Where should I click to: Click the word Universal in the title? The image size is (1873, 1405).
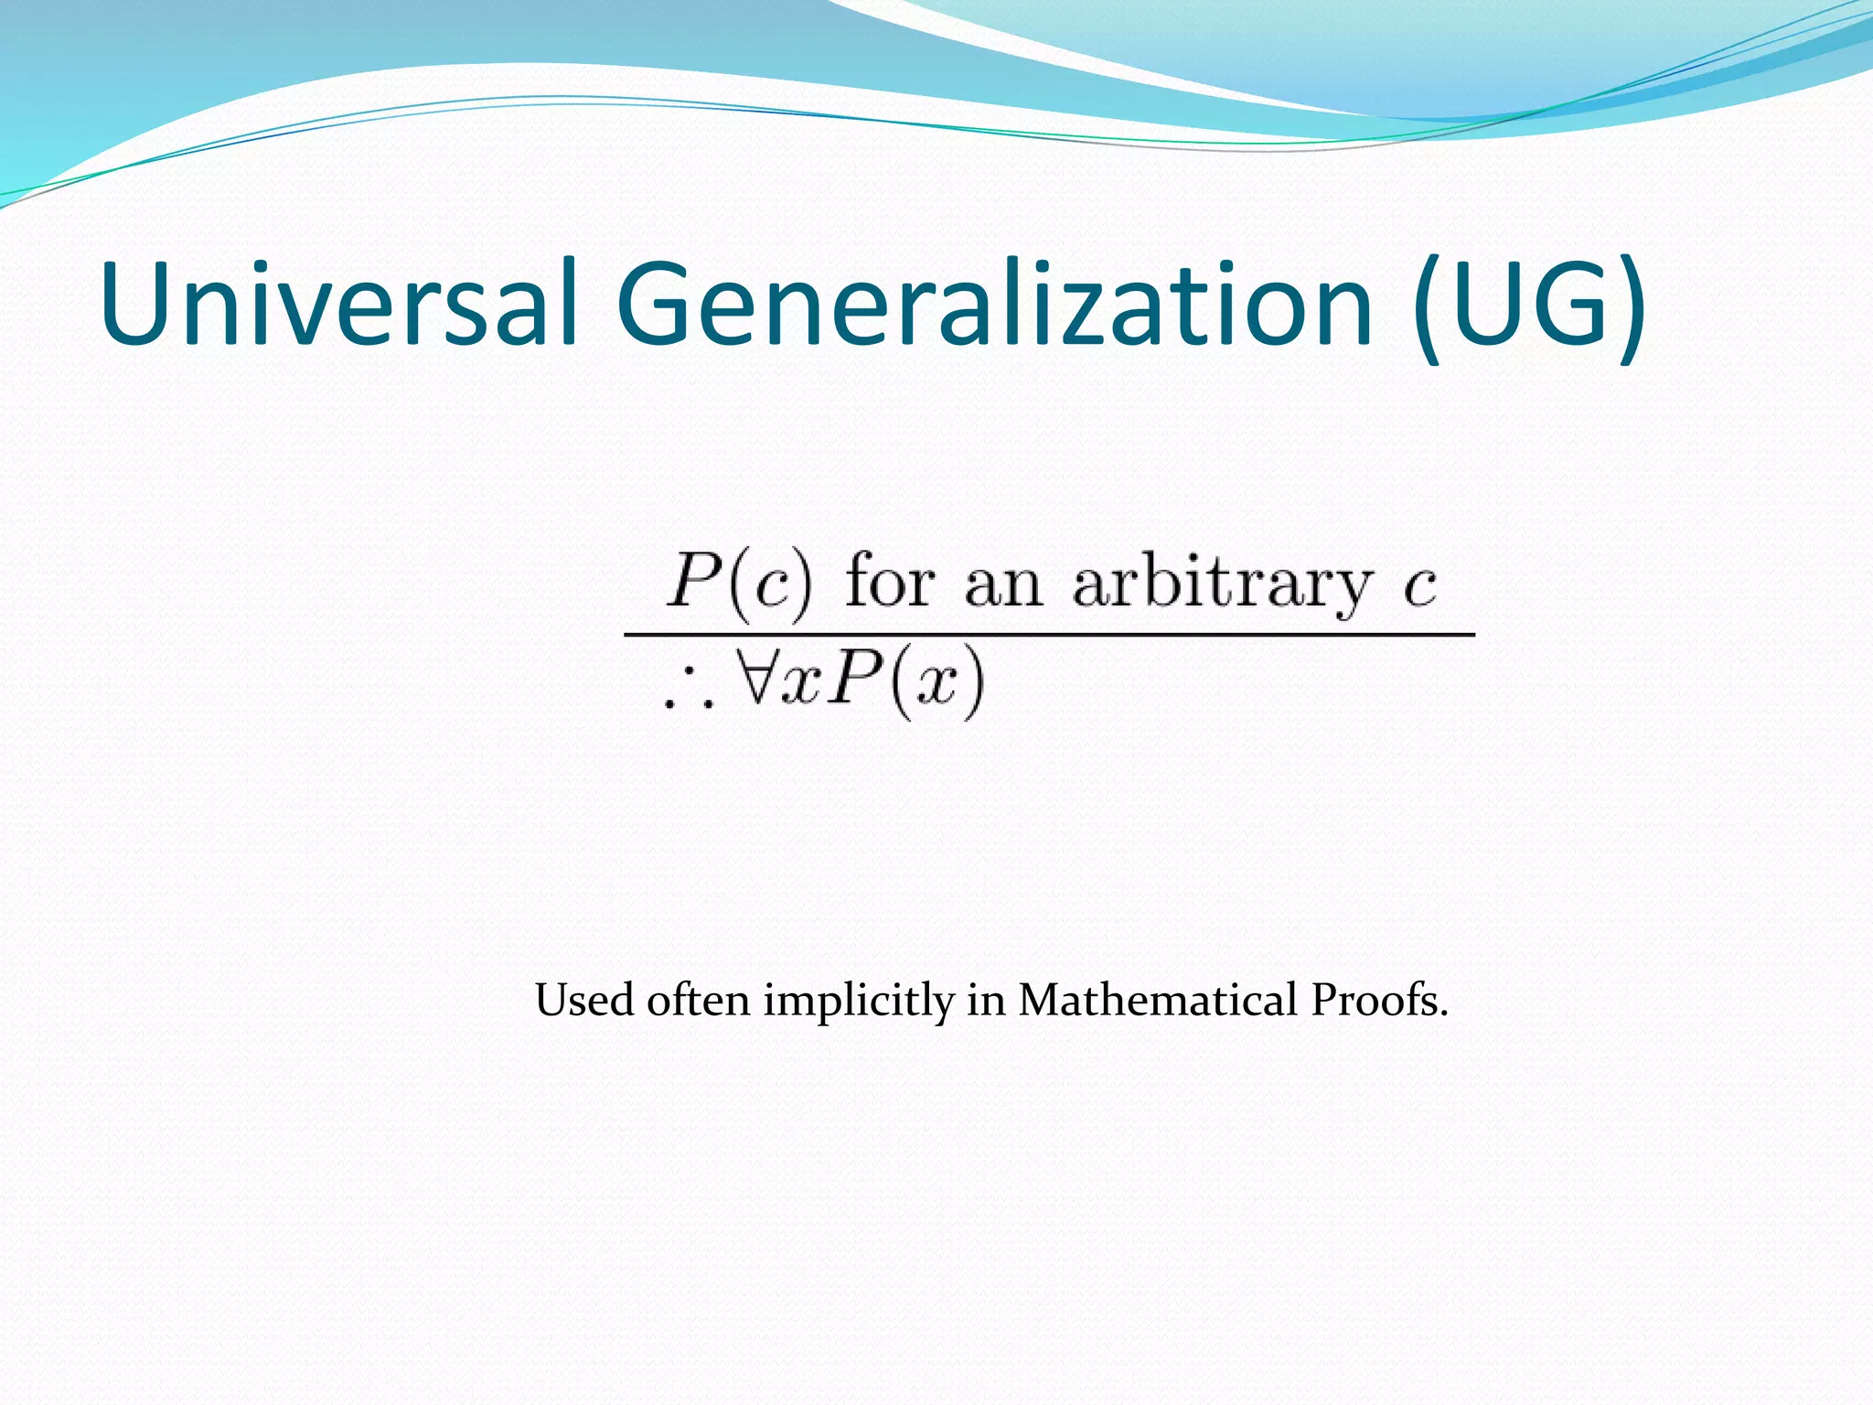click(x=338, y=304)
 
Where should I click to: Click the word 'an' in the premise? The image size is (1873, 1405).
click(x=1003, y=585)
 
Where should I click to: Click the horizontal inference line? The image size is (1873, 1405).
click(x=1048, y=634)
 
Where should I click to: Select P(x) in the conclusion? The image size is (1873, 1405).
click(x=905, y=682)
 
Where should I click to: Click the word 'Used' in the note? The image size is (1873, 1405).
click(x=584, y=1000)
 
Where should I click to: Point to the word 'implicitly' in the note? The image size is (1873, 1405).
click(x=859, y=1002)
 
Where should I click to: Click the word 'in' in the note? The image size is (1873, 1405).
click(x=986, y=1000)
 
